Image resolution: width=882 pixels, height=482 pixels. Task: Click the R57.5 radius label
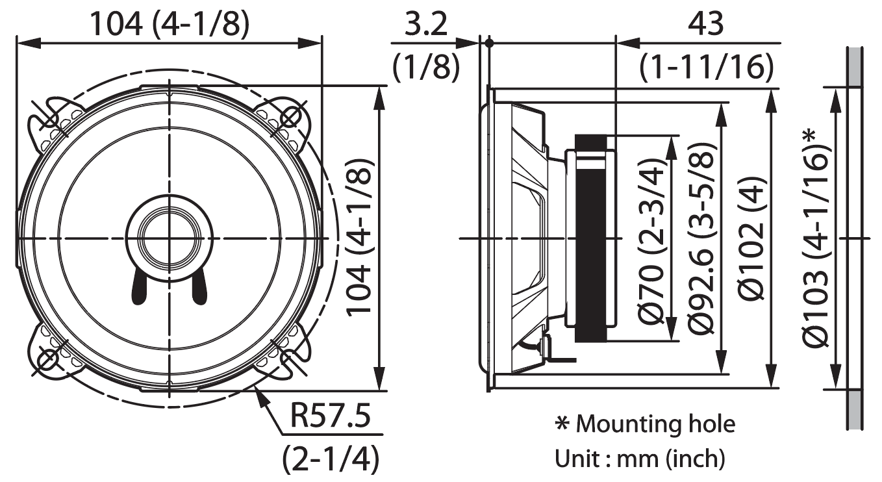tap(331, 415)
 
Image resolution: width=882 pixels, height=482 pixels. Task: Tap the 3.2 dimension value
tap(426, 24)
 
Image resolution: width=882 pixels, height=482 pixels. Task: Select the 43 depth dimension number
tap(705, 24)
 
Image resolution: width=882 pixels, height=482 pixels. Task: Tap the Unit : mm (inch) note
tap(640, 459)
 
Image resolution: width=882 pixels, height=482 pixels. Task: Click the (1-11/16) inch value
tap(707, 67)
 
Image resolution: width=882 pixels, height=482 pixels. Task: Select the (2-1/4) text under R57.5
tap(331, 459)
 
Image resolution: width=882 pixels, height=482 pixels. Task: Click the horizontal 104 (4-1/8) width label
tap(170, 24)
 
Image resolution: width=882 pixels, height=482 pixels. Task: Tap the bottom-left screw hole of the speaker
tap(49, 359)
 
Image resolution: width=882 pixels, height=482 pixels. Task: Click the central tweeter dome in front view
tap(170, 238)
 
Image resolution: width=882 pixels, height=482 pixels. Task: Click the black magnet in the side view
tap(590, 238)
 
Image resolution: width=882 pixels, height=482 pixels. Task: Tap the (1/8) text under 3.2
tap(426, 67)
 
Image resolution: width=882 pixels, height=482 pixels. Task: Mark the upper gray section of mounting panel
tap(855, 67)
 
